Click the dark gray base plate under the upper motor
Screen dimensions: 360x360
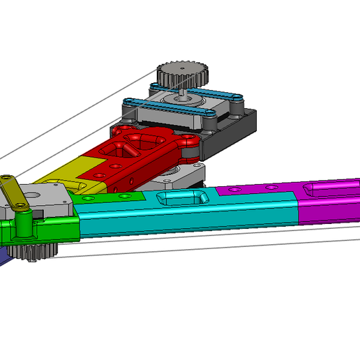241,129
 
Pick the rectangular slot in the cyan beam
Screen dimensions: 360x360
182,198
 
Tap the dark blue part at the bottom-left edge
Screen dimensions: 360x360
3,255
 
